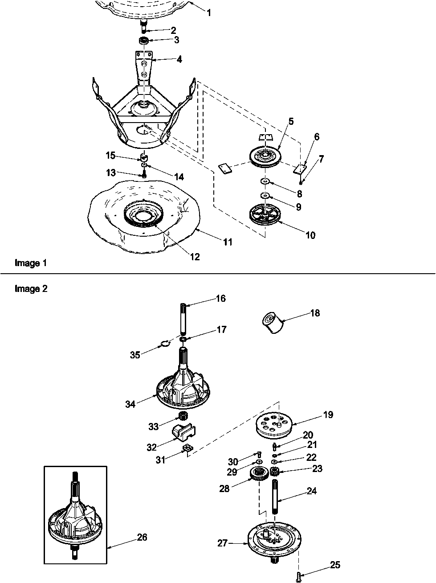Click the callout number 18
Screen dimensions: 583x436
pyautogui.click(x=315, y=313)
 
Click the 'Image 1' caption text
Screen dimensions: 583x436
pyautogui.click(x=31, y=263)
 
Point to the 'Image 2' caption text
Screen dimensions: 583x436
pyautogui.click(x=31, y=288)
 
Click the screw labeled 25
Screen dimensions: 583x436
pyautogui.click(x=298, y=577)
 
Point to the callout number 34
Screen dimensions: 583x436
pyautogui.click(x=130, y=404)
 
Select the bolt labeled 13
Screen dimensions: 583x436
pyautogui.click(x=144, y=175)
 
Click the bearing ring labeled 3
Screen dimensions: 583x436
pyautogui.click(x=143, y=41)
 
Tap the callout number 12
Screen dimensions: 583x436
pyautogui.click(x=194, y=257)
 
